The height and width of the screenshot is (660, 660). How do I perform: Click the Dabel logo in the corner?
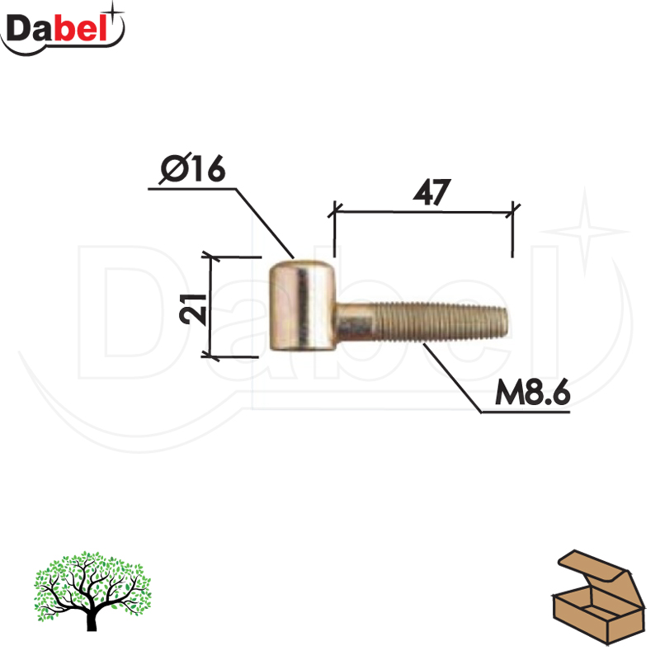coord(63,29)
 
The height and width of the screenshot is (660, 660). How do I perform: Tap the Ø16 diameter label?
coord(193,168)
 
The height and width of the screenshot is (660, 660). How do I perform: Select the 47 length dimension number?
coord(431,192)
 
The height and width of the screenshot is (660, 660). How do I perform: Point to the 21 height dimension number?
coord(193,309)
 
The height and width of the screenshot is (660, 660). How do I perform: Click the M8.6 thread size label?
coord(532,392)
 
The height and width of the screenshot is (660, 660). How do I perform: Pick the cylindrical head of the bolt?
coord(302,305)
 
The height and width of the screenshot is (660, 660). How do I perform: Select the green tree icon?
coord(92,591)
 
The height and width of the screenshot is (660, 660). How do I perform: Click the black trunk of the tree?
coord(92,618)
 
